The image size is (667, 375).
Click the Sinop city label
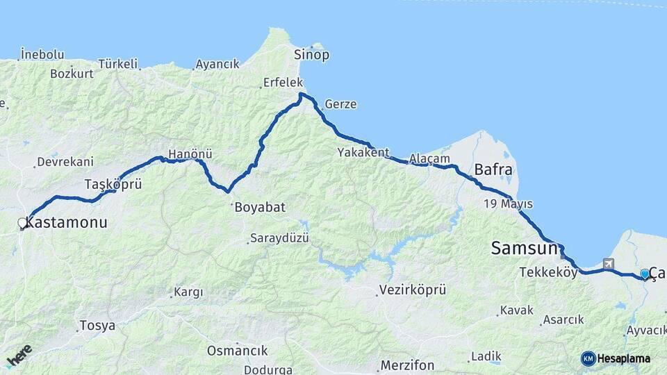(x=311, y=54)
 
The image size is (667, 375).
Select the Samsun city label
(x=524, y=248)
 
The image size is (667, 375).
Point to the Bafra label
(x=493, y=169)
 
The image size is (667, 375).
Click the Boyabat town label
(x=260, y=207)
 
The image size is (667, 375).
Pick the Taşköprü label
(x=113, y=184)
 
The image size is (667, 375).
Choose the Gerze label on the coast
(x=340, y=105)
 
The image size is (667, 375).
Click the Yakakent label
(x=363, y=152)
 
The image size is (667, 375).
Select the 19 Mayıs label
(x=509, y=204)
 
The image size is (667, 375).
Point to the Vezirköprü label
(x=413, y=290)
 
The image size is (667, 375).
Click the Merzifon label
(x=407, y=365)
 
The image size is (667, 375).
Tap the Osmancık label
(x=237, y=351)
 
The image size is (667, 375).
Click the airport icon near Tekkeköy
(x=609, y=263)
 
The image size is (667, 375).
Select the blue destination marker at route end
(x=645, y=274)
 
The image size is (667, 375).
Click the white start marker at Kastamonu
(x=22, y=223)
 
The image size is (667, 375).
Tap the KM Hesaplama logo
(x=616, y=358)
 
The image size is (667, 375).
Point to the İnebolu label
(x=42, y=54)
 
